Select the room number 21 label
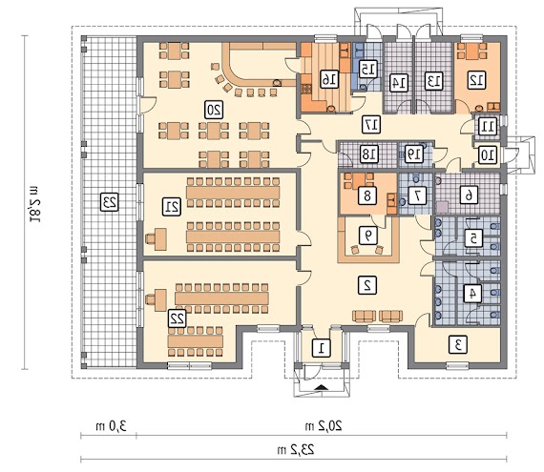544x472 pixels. point(172,206)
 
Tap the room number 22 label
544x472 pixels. point(176,318)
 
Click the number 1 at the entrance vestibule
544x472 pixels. point(323,347)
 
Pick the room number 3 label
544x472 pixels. point(458,344)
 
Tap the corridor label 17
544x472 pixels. point(371,123)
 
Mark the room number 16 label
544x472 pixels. point(328,78)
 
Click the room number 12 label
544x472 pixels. point(474,81)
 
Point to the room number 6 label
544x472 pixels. point(468,195)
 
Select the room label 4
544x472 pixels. point(470,293)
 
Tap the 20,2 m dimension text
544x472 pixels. point(309,425)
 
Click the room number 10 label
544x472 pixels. point(487,154)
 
